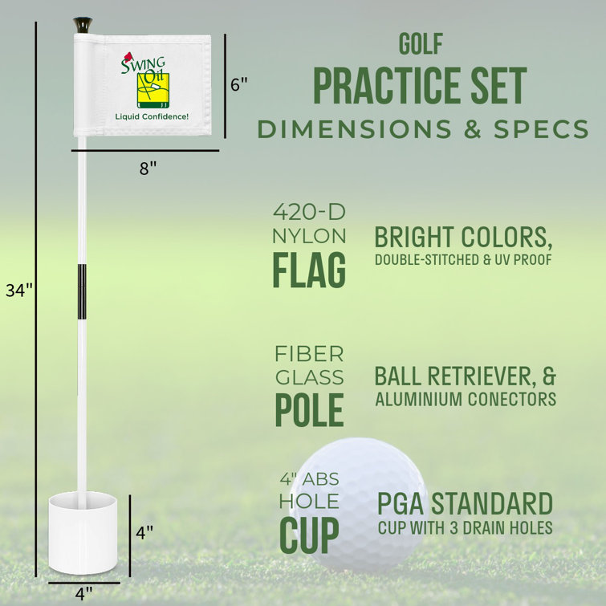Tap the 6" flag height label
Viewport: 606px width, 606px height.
(x=238, y=84)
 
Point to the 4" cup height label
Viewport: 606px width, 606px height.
(x=144, y=531)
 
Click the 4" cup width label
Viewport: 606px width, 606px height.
(x=83, y=593)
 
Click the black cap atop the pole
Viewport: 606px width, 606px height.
(x=82, y=25)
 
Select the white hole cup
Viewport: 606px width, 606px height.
(x=83, y=534)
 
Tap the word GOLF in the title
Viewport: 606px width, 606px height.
(x=420, y=44)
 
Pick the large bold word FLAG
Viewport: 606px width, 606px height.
(x=309, y=270)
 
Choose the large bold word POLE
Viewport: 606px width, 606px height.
(x=309, y=409)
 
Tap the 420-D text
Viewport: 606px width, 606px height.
(x=309, y=213)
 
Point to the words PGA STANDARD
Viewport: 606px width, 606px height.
(x=465, y=505)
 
